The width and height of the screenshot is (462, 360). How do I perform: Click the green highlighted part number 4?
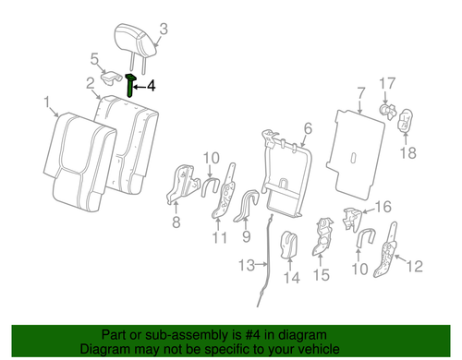[x=132, y=86]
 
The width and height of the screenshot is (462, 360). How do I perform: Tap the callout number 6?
[x=308, y=129]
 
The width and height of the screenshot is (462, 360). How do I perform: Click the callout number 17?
[x=389, y=82]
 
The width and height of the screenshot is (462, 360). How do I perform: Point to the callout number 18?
[x=408, y=153]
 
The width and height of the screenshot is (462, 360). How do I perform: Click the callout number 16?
[x=383, y=206]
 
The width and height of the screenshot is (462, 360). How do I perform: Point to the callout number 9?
[x=246, y=235]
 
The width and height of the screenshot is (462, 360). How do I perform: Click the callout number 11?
[x=220, y=239]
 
